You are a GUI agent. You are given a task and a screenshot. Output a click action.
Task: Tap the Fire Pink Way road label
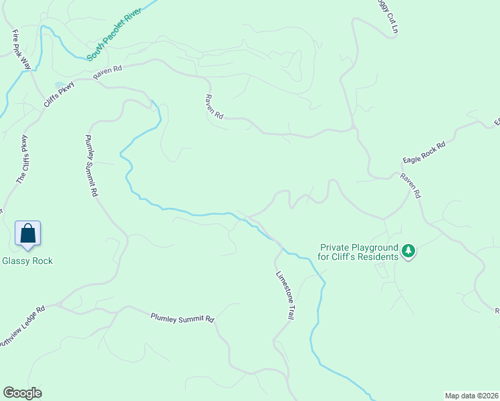point(21,49)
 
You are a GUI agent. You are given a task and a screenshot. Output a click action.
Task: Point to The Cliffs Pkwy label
point(22,160)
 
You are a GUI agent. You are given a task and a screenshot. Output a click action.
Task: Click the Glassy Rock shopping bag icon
point(27,233)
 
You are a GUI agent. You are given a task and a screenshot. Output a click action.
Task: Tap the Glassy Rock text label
point(27,261)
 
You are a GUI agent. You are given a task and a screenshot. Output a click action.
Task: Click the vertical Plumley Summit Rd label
point(92,165)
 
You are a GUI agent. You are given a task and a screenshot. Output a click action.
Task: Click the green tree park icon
point(408,252)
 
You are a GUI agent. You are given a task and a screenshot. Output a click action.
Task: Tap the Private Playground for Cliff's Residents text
point(358,252)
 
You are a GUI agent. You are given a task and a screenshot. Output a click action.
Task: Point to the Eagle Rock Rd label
point(424,153)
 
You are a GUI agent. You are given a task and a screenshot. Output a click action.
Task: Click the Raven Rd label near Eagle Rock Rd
point(410,186)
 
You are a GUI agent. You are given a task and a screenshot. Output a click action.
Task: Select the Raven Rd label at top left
point(108,73)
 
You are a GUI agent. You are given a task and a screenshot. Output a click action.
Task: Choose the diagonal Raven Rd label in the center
point(214,106)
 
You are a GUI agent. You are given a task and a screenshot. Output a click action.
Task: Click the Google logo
point(22,393)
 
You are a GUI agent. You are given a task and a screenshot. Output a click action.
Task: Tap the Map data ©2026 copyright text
point(471,395)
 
